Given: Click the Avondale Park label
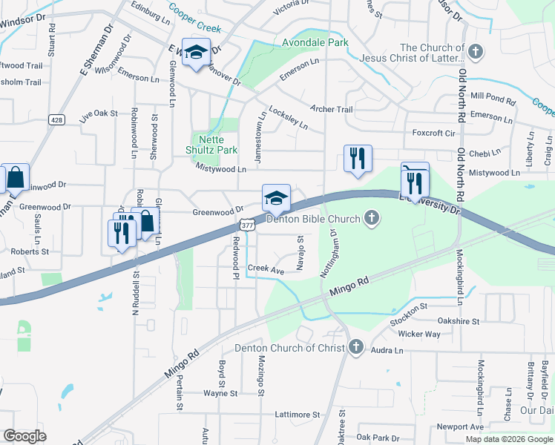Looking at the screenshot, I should (315, 43).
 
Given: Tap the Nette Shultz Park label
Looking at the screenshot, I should (211, 144).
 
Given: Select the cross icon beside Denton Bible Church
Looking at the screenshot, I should (372, 218).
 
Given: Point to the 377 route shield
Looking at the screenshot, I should (246, 224).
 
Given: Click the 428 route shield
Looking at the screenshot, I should (56, 119).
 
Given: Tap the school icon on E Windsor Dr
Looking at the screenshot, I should (197, 53).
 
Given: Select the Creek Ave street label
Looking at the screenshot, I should (266, 271).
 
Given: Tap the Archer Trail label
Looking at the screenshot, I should (331, 110).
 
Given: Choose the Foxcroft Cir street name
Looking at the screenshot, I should (433, 133).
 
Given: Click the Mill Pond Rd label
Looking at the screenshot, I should (493, 97).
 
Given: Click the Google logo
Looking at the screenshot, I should (24, 435).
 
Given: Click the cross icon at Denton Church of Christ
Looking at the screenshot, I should (356, 347).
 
